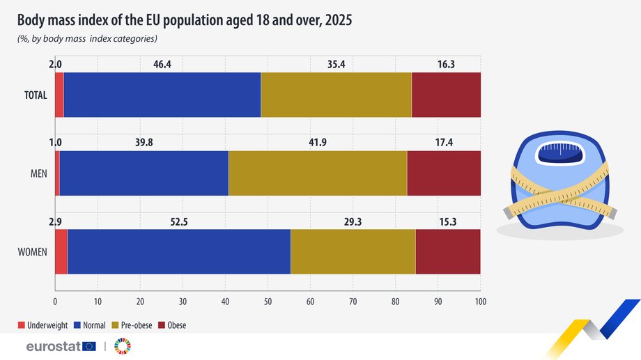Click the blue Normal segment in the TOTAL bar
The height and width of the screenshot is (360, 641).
(x=162, y=95)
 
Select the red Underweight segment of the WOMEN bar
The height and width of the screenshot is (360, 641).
(x=61, y=251)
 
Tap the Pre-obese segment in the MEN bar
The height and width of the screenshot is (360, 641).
(x=318, y=173)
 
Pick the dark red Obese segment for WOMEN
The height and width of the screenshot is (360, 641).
(x=448, y=251)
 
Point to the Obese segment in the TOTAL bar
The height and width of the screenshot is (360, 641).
(x=446, y=95)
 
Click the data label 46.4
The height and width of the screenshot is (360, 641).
(x=162, y=64)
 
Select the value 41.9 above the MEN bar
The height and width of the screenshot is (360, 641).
(x=318, y=143)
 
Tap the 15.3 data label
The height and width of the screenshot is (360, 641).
(x=447, y=222)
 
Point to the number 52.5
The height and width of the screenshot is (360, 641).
(x=179, y=222)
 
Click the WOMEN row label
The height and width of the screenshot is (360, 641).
(x=32, y=252)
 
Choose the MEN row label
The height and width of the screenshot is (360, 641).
(x=39, y=173)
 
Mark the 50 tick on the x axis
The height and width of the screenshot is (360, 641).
(x=268, y=302)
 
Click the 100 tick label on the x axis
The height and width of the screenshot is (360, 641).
(x=481, y=302)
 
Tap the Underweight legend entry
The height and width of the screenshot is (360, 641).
(x=43, y=325)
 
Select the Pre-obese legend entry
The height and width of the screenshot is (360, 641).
(x=132, y=325)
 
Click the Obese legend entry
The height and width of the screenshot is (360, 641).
(x=172, y=325)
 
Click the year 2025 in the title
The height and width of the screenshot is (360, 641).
(x=339, y=20)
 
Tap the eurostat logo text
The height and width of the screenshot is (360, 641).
(x=54, y=347)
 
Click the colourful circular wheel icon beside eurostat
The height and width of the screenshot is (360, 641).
(x=123, y=346)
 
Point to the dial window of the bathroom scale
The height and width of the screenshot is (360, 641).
(x=560, y=153)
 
